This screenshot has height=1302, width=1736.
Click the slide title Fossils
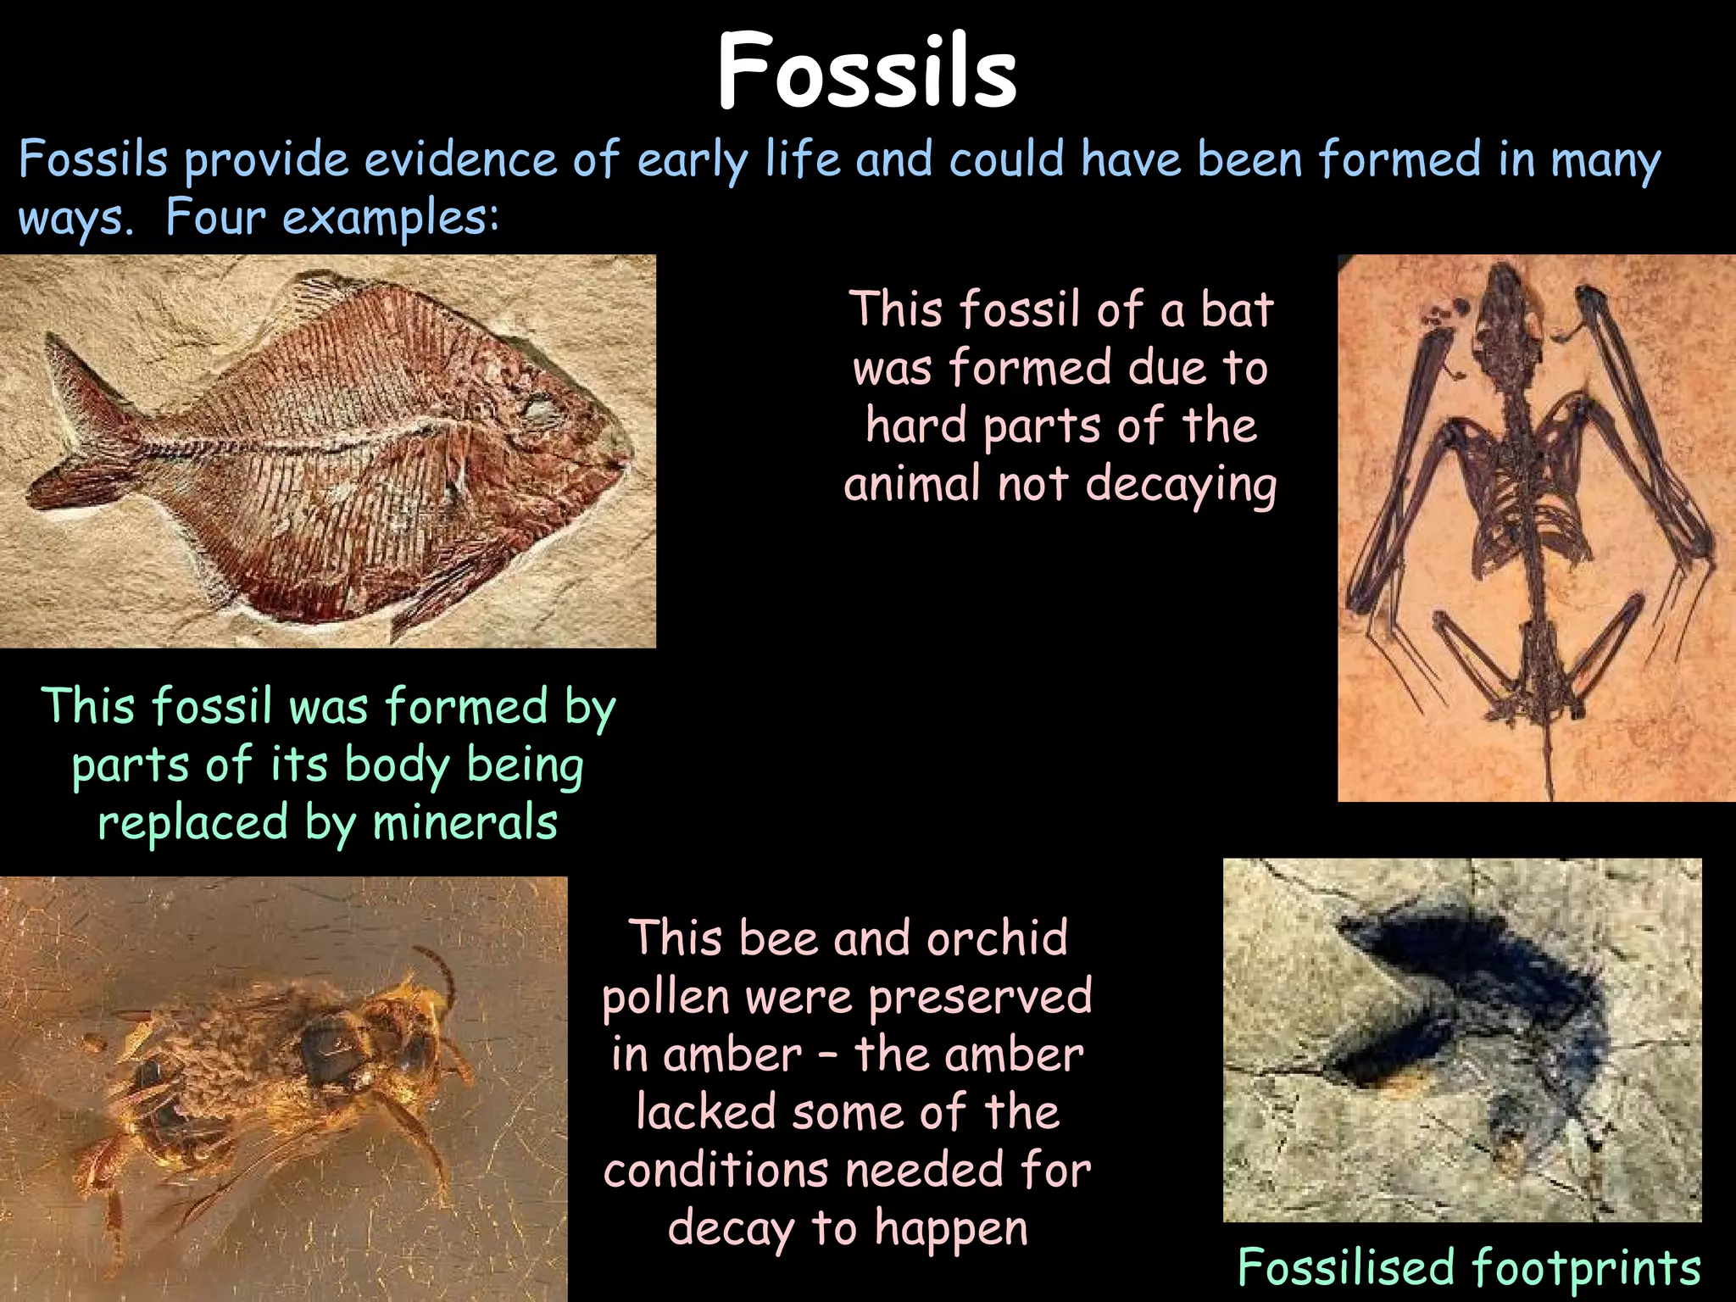tap(866, 71)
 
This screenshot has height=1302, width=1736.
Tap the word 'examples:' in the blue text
tap(391, 219)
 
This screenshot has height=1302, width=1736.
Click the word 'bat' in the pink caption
tap(1237, 309)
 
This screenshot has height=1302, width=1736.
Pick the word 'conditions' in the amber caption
tap(715, 1171)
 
